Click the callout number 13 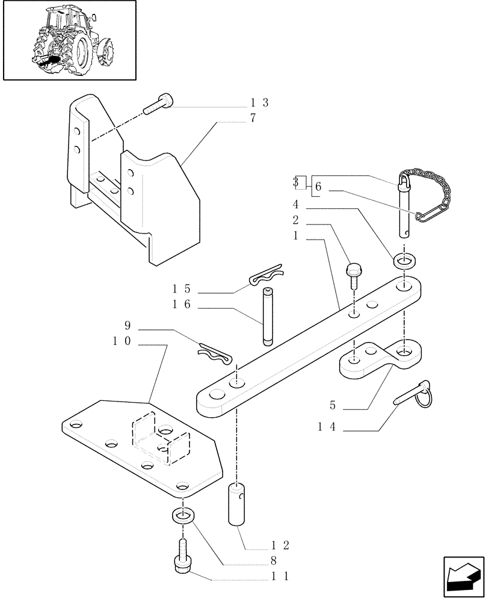260,103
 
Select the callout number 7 253,118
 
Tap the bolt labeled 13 158,105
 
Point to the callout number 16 182,305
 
